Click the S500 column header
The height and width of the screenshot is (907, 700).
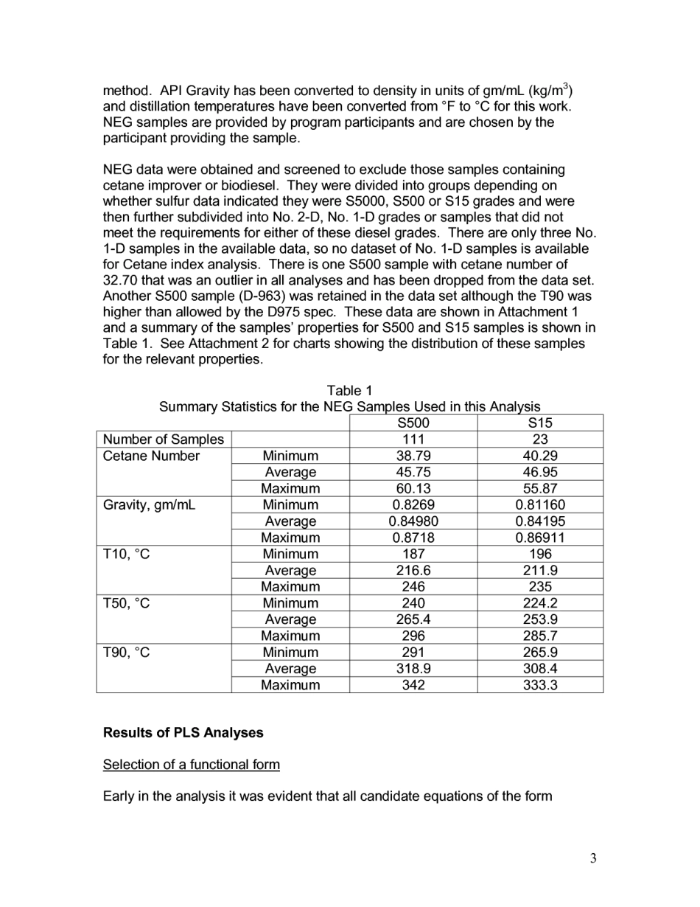pos(413,423)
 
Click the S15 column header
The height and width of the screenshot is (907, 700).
pos(540,423)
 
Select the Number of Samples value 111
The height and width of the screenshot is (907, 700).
pos(413,439)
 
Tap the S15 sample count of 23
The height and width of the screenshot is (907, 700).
pos(540,439)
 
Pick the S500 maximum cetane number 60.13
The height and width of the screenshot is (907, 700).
pos(413,488)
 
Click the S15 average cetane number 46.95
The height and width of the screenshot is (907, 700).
pos(540,472)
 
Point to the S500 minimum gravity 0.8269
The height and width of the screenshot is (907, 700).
pos(413,505)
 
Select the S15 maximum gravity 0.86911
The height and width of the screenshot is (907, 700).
pos(540,538)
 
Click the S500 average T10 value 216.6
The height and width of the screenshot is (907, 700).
pos(413,570)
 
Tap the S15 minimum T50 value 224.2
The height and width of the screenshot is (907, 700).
pos(540,603)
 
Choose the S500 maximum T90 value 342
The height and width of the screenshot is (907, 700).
pos(413,685)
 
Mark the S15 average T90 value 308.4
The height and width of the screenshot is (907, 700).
pos(540,669)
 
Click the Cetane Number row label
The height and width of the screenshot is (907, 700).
pos(151,456)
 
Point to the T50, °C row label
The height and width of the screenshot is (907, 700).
pos(126,603)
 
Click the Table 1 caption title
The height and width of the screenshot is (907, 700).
pos(349,391)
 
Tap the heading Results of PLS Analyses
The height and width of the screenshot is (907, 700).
pos(183,733)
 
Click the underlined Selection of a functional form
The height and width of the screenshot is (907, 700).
pos(191,764)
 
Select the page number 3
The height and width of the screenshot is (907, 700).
pos(592,858)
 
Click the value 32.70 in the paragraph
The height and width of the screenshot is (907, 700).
pos(121,280)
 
